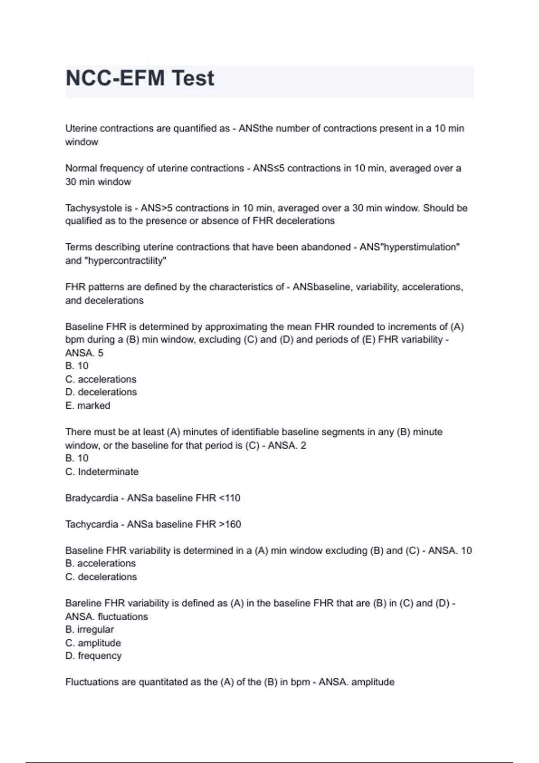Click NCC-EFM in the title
click(x=115, y=79)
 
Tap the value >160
click(x=230, y=524)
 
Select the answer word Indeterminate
click(x=108, y=472)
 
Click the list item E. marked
click(x=88, y=406)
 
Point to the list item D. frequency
click(x=93, y=656)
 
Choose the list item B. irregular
click(x=89, y=630)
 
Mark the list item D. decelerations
click(x=101, y=392)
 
